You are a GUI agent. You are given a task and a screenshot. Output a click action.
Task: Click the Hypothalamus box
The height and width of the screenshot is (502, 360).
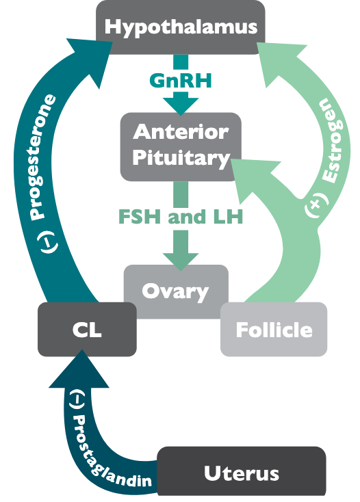(x=181, y=27)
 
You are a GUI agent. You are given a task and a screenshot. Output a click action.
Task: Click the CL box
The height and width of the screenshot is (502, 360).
(x=86, y=330)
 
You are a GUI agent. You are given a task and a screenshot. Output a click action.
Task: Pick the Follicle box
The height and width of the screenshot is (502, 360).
(x=274, y=330)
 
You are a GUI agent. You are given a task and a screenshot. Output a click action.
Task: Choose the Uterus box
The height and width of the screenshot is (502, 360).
(x=242, y=473)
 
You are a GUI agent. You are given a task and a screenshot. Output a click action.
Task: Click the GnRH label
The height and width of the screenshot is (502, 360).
(x=181, y=81)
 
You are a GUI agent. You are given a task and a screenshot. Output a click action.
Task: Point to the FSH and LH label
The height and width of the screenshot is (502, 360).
(x=181, y=219)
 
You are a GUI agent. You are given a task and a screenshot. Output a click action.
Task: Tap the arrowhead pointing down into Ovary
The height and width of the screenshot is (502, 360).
(x=181, y=259)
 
